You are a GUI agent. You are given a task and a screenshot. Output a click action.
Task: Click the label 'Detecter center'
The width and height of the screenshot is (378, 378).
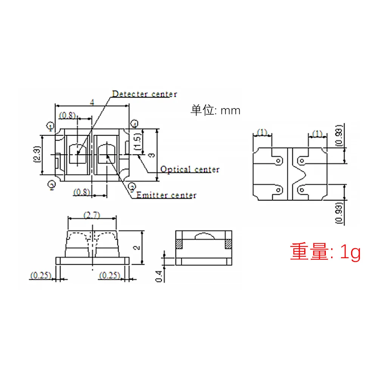[144, 94]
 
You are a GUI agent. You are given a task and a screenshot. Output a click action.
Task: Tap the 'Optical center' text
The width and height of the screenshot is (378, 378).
[190, 169]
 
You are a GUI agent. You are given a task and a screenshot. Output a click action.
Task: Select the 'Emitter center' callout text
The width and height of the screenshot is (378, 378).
[166, 195]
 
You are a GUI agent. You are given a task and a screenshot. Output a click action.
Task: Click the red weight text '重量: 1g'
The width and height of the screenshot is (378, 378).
[325, 252]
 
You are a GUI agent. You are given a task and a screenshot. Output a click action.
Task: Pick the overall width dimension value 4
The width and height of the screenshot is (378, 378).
[92, 102]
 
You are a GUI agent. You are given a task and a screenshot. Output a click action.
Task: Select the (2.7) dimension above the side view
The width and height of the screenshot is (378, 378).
[91, 215]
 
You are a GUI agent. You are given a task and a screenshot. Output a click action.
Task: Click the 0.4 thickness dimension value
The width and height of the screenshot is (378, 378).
[159, 276]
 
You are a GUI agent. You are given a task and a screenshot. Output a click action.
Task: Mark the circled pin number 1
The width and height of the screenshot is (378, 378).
[51, 125]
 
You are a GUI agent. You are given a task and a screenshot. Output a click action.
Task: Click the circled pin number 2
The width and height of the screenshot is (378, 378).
[52, 184]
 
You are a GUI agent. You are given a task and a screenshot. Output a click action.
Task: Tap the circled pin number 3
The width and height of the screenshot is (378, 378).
[132, 186]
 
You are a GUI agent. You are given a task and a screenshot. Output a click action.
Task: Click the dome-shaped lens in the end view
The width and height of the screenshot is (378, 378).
[204, 236]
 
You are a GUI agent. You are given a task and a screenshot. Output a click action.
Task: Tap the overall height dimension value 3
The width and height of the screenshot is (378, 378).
[151, 155]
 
